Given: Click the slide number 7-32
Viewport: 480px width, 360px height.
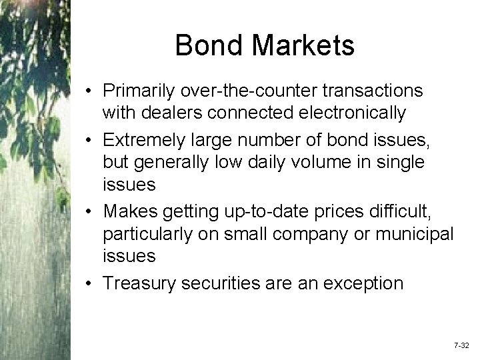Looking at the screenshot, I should click(x=461, y=347).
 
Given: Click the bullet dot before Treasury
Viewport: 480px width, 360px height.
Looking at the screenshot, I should click(x=89, y=283).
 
